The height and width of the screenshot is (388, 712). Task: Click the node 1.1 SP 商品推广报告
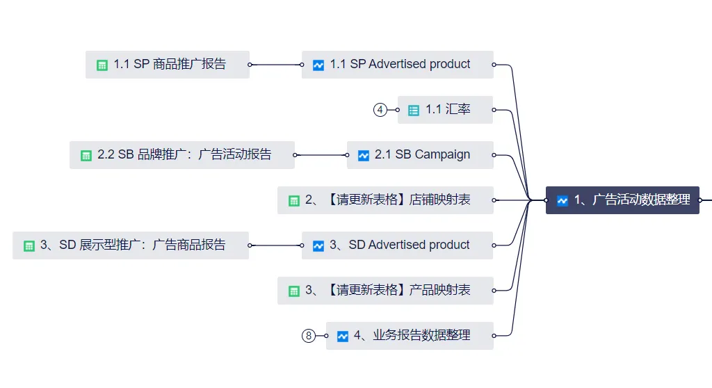coord(168,65)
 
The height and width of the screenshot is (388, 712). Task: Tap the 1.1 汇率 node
coord(445,110)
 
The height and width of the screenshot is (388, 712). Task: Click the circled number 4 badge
coord(380,110)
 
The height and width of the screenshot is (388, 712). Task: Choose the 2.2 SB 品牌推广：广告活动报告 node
coord(182,155)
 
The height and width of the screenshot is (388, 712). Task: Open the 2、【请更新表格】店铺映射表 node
coord(385,200)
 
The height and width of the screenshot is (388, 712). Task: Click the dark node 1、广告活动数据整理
coord(622,200)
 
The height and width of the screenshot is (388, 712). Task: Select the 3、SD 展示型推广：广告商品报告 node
coord(131,245)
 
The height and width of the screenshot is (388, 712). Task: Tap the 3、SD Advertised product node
coord(398,245)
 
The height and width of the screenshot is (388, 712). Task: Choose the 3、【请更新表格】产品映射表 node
coord(385,291)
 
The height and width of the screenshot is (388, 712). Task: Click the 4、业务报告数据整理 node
coord(410,336)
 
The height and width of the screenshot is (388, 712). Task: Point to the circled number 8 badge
coord(309,336)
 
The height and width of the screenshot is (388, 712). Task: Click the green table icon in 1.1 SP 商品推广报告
coord(102,65)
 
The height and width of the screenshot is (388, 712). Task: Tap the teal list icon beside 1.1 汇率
coord(414,111)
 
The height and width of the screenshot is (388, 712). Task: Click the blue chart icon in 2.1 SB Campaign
coord(363,156)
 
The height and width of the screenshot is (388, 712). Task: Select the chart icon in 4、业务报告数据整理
coord(342,337)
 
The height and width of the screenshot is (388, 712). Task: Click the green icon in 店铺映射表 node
coord(293,201)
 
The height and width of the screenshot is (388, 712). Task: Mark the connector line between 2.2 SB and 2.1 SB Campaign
coord(321,155)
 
